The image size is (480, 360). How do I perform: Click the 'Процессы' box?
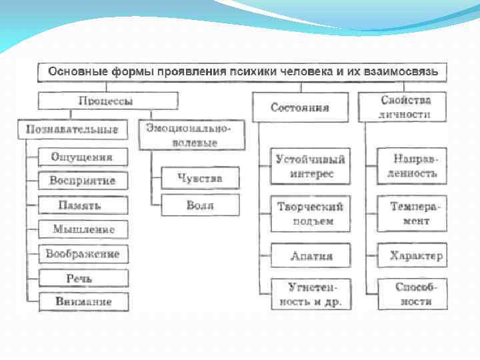(x=107, y=101)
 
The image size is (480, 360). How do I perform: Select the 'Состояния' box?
(x=301, y=107)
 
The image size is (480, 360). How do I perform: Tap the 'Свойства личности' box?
(x=406, y=107)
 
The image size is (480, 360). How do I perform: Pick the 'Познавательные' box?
(x=72, y=129)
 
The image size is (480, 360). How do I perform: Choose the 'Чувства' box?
(x=200, y=178)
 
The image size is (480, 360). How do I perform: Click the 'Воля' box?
(x=200, y=205)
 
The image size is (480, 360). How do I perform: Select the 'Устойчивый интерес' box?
(x=310, y=166)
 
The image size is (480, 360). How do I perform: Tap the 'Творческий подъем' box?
(x=310, y=213)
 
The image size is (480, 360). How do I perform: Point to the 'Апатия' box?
(x=311, y=255)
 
